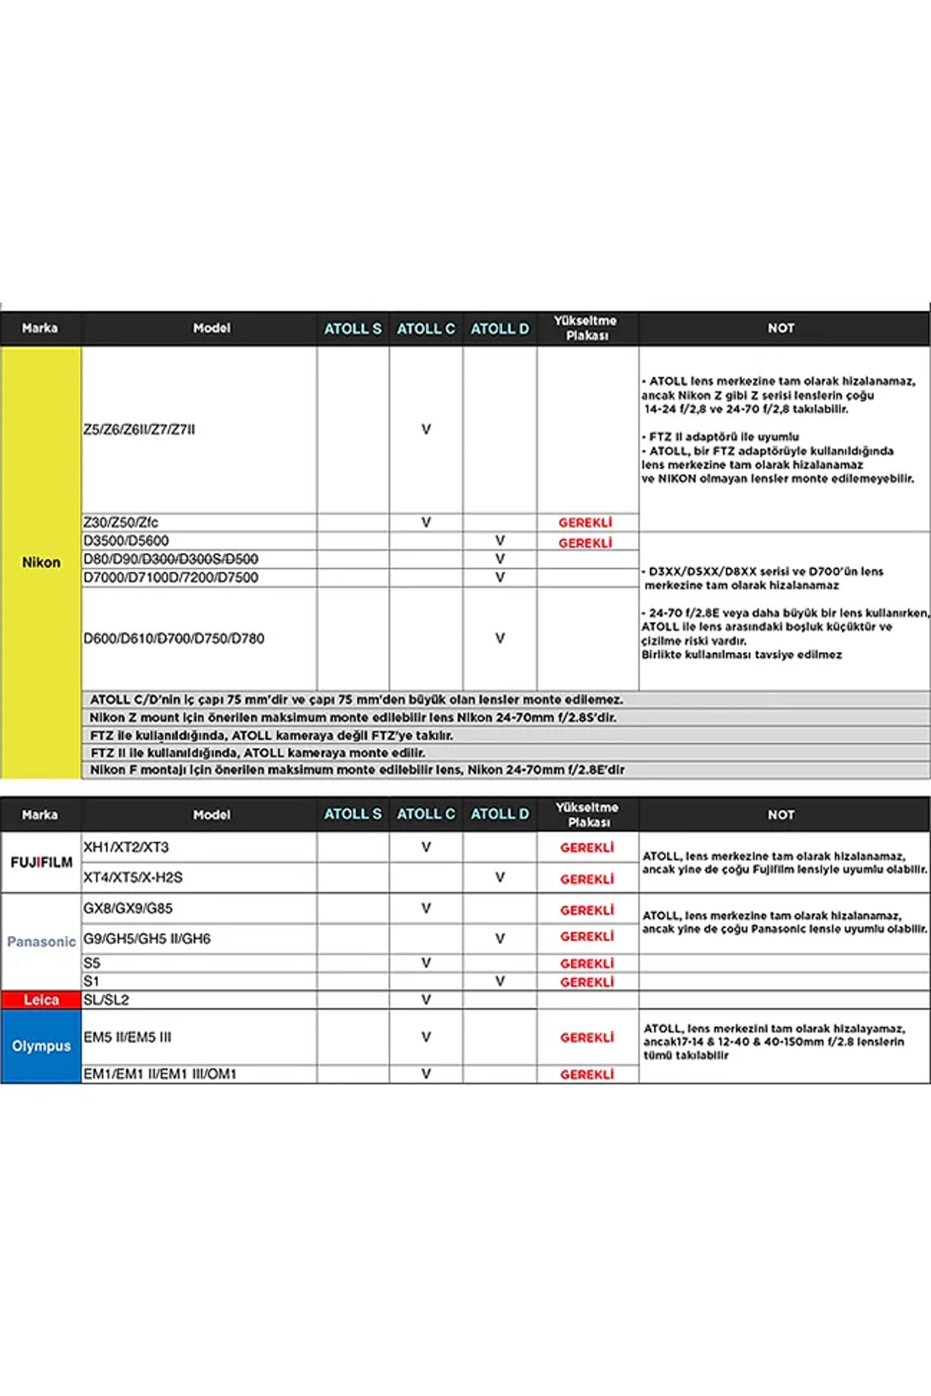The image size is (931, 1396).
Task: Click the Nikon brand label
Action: click(x=41, y=562)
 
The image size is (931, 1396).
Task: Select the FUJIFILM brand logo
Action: click(x=41, y=862)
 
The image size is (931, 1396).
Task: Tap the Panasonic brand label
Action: click(x=41, y=942)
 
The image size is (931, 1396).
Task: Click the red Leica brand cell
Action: click(x=41, y=1000)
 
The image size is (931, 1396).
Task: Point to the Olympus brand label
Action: click(x=41, y=1046)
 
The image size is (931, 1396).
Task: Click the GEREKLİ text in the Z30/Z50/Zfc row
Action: click(x=585, y=523)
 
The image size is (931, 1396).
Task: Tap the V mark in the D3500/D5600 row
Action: click(x=500, y=540)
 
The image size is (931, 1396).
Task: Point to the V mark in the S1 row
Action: click(x=500, y=981)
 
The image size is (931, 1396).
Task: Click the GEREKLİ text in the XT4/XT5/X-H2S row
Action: click(x=587, y=879)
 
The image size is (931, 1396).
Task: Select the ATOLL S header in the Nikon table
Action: click(x=353, y=329)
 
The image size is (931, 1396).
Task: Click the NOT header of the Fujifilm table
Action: click(x=781, y=815)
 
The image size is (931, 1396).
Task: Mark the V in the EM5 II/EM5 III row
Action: click(x=426, y=1037)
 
